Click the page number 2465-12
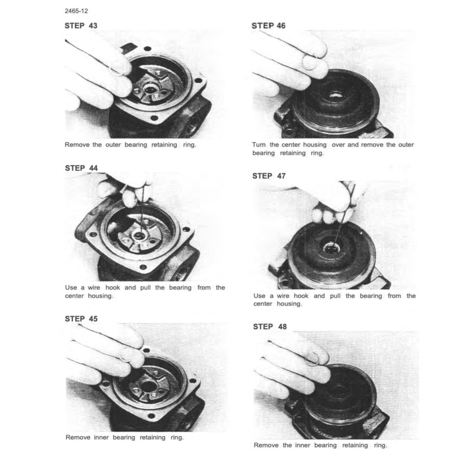(77, 11)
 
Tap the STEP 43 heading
(81, 25)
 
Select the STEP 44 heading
(81, 168)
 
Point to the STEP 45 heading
(81, 319)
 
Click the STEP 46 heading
(268, 26)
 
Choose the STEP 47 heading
(269, 176)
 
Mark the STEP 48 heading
(270, 327)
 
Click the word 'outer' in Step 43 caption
(113, 145)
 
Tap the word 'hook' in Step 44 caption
(112, 287)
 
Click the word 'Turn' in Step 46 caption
(259, 145)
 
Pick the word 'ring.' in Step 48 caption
(380, 445)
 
